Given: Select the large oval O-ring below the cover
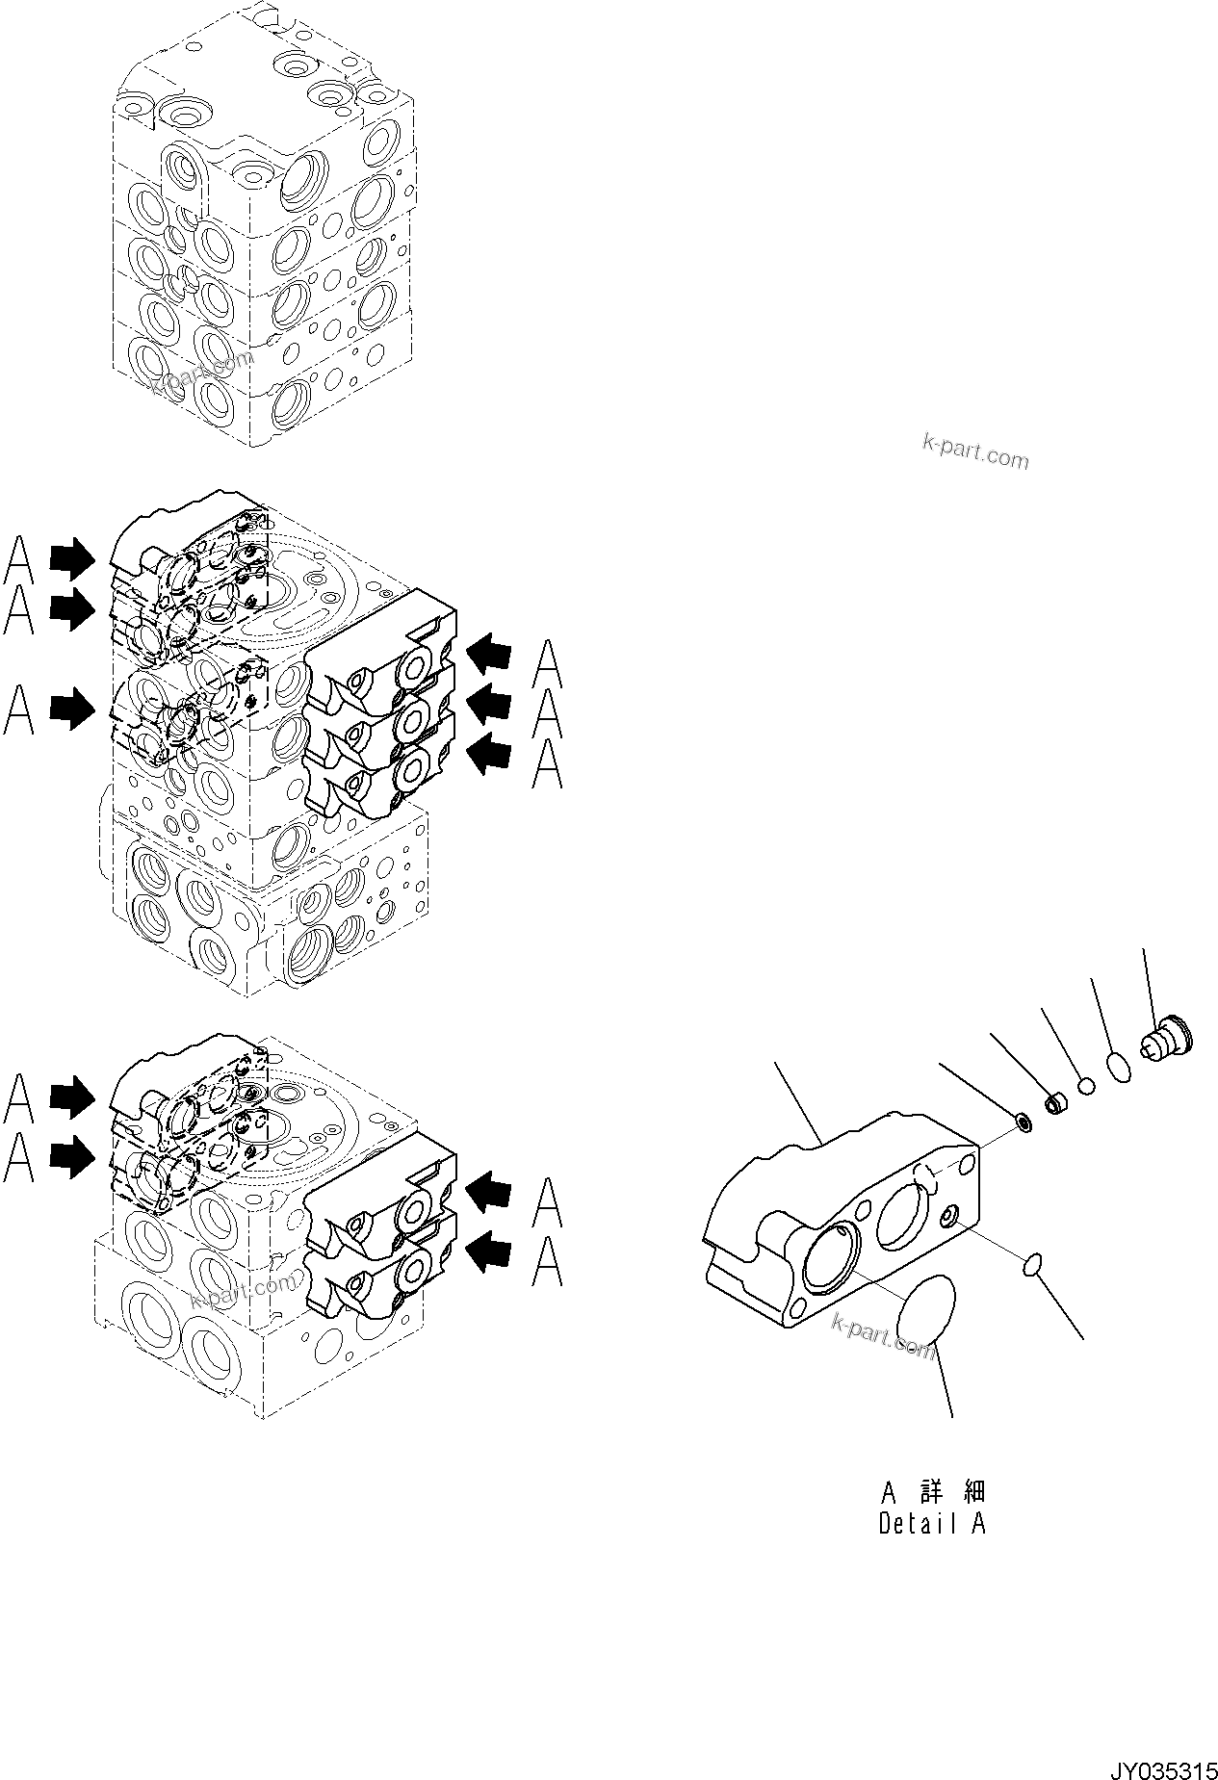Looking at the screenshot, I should [x=925, y=1309].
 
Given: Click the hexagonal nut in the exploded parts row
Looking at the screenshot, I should [x=1056, y=1103].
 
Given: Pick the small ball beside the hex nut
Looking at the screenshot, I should [x=1086, y=1086].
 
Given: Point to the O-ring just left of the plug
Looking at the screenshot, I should [x=1118, y=1068].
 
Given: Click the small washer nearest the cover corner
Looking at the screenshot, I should [x=1024, y=1122].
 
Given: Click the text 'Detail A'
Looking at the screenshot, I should [x=931, y=1524].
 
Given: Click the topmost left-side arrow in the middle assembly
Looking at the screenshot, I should [x=72, y=557].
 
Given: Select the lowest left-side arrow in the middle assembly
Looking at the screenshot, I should [x=72, y=711].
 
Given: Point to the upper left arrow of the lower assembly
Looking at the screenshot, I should [x=72, y=1095].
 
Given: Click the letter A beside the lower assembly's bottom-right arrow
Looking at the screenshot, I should [x=547, y=1262].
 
